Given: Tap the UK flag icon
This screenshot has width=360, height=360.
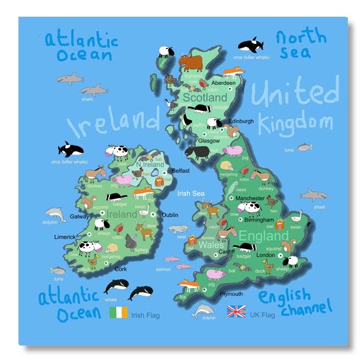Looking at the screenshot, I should click(236, 312).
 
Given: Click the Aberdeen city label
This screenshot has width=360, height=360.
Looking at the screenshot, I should click(224, 83).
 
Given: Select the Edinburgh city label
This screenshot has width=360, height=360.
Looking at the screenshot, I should click(241, 121).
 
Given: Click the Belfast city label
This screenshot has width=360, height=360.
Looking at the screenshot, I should click(181, 171).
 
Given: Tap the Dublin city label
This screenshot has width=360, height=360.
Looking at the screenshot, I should click(170, 215).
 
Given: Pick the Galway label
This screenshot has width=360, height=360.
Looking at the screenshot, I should click(80, 217).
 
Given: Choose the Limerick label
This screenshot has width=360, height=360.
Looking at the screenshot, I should click(65, 237).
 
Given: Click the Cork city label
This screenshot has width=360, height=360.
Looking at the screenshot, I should click(121, 269).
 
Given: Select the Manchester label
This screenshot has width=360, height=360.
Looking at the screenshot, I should click(250, 199).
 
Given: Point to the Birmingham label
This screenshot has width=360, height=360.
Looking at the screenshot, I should click(258, 220).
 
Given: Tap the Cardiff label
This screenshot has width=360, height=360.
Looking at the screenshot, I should click(226, 251).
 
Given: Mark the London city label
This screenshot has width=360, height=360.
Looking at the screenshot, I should click(265, 254).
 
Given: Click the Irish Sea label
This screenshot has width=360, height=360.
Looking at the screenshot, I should click(190, 194).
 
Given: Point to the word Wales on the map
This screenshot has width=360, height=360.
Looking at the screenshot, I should click(211, 244).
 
